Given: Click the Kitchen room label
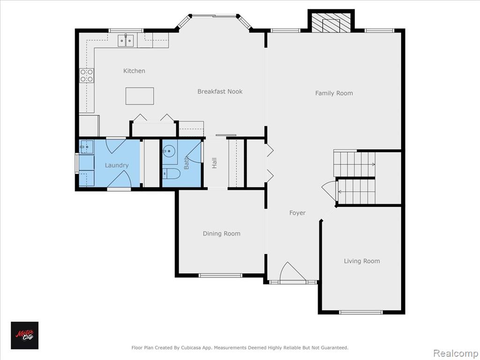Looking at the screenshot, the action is [x=134, y=71].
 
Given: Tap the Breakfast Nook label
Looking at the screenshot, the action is [x=220, y=91].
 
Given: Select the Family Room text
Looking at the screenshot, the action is [x=334, y=93].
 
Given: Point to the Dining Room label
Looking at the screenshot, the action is [x=222, y=234].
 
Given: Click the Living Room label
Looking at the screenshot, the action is [x=362, y=261].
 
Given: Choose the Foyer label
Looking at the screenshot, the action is [x=297, y=213].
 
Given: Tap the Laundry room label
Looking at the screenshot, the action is [x=117, y=165].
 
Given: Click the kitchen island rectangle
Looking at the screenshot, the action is [x=140, y=96].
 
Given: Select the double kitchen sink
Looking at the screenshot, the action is [x=126, y=40].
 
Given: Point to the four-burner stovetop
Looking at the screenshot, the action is [x=87, y=75].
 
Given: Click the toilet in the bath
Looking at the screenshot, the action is [x=171, y=173].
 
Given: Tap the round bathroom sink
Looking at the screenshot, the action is [x=168, y=151].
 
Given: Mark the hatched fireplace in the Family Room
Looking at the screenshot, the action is [x=331, y=22].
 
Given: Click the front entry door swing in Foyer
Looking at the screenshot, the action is [x=292, y=272].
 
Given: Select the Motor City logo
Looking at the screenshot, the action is [x=25, y=336].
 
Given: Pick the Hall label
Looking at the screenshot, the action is [x=214, y=163].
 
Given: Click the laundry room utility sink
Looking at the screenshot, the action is [x=87, y=147].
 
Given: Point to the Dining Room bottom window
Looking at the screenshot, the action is [x=220, y=276].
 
